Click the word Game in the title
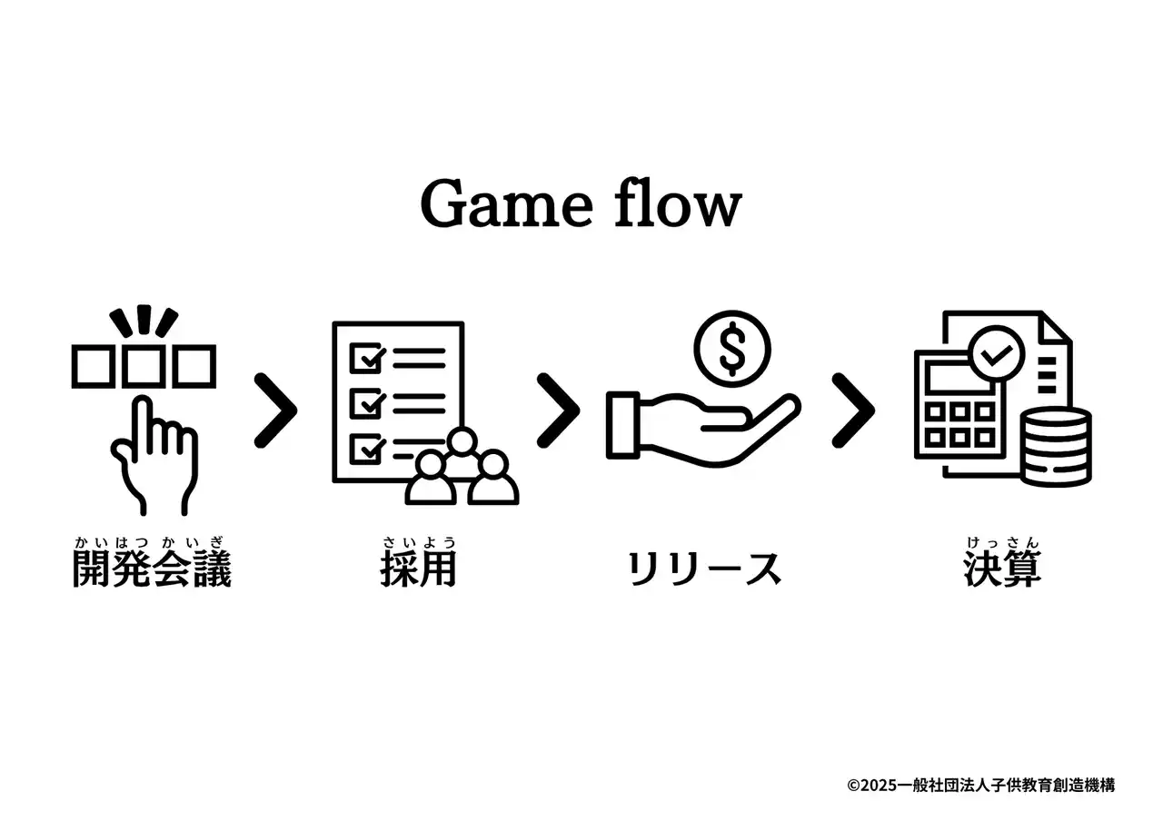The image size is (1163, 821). tap(505, 204)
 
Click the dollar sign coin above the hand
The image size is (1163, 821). tap(732, 349)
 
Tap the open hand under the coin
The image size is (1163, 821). tap(700, 427)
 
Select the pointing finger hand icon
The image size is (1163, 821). tap(152, 454)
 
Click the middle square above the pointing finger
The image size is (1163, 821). tap(144, 367)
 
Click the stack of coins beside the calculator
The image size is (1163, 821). tap(1056, 447)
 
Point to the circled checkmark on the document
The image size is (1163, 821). tap(997, 354)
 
